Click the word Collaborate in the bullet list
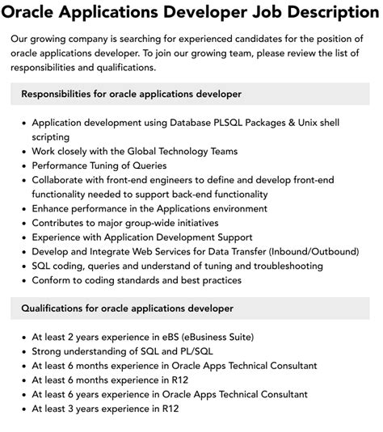[61, 180]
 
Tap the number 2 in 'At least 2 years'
[75, 337]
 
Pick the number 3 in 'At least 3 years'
[75, 409]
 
